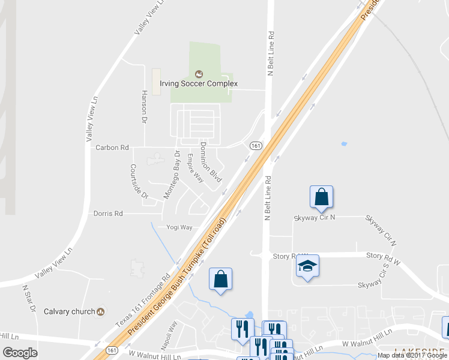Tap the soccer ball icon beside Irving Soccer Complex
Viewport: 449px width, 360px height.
coord(199,74)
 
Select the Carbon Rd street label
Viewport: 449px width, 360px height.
coord(112,147)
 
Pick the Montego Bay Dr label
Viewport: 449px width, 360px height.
coord(172,175)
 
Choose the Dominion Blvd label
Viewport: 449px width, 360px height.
coord(211,162)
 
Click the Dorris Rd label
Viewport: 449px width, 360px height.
coord(108,213)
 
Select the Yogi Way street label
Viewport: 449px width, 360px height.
coord(179,227)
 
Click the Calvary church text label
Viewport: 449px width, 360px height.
coord(70,311)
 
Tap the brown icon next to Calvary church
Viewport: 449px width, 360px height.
coord(101,311)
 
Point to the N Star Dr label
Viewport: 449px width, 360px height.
coord(28,298)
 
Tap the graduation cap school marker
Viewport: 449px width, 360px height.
coord(307,266)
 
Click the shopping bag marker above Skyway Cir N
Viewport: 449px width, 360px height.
coord(321,197)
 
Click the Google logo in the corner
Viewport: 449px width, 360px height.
coord(20,353)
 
